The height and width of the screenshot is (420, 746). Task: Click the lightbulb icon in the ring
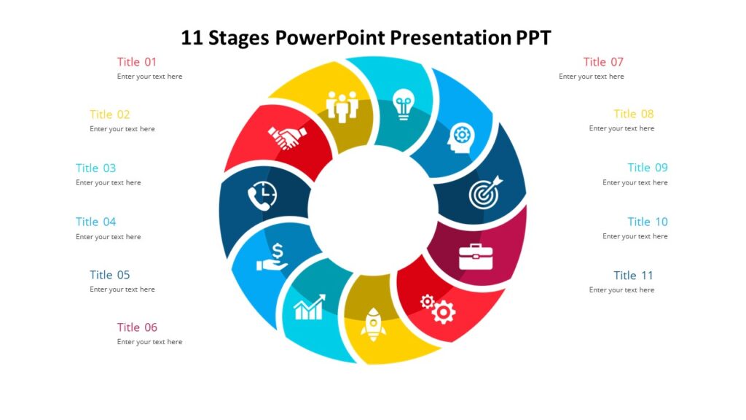point(402,105)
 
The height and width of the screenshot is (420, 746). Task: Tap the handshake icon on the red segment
point(287,137)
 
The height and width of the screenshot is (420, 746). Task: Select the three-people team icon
point(342,106)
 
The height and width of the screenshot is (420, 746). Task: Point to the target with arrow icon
point(485,191)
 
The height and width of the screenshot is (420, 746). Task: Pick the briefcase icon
point(476,257)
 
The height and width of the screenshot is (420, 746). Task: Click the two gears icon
point(438,308)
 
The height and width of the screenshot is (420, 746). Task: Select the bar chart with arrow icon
point(309,308)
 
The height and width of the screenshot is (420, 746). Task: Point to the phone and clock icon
point(262,195)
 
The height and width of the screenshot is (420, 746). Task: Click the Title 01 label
point(137,62)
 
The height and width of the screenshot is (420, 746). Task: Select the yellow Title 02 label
point(110,114)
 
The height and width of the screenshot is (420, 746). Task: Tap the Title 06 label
point(137,327)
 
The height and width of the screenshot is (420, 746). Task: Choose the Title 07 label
point(603,62)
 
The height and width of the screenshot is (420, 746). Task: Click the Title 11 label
point(633,276)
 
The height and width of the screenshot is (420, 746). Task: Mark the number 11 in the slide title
point(192,37)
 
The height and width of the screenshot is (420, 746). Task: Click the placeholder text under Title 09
point(635,183)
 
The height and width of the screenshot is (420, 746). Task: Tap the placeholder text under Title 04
point(109,237)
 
